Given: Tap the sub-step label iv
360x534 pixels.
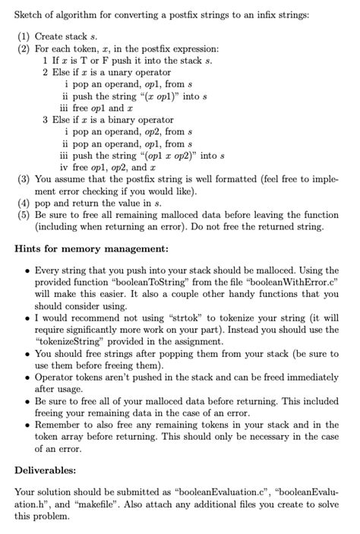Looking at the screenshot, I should click(64, 167).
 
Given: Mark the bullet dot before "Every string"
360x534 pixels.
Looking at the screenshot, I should click(27, 270).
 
